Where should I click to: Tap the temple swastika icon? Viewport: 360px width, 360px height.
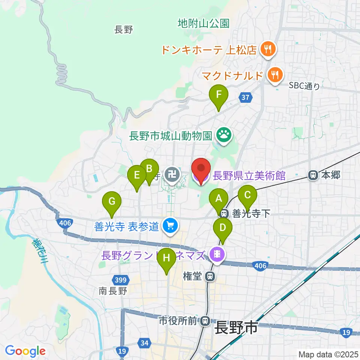click(172, 174)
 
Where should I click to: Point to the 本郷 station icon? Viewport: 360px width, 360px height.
click(312, 174)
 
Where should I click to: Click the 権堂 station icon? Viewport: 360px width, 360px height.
click(210, 277)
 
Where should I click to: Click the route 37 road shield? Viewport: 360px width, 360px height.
click(244, 97)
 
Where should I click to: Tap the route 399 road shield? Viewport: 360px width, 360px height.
click(121, 279)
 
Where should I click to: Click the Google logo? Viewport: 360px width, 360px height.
click(25, 351)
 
